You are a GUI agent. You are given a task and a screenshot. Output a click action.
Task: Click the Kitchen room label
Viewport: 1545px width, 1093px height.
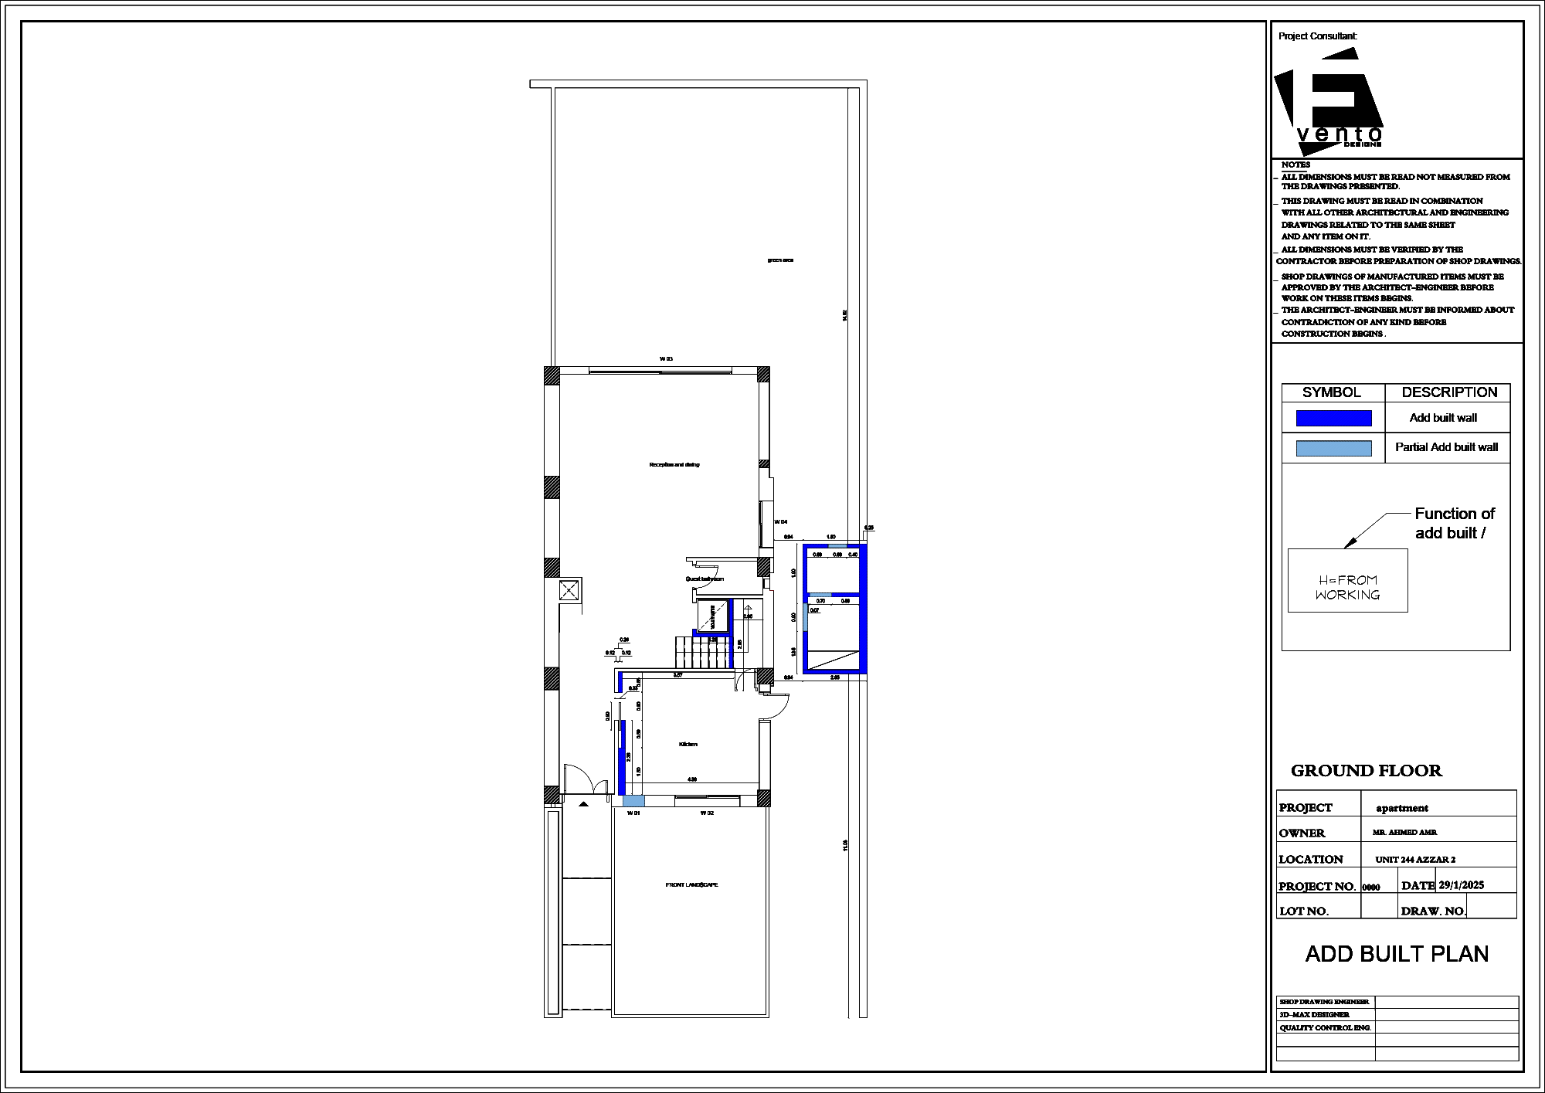[x=688, y=744]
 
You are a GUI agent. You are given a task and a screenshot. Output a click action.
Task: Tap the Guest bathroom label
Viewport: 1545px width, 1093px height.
[x=705, y=579]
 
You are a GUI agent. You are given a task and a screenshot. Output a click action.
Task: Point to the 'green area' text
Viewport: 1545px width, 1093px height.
[x=780, y=260]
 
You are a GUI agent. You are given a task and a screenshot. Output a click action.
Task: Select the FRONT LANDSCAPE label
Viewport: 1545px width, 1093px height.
[x=691, y=884]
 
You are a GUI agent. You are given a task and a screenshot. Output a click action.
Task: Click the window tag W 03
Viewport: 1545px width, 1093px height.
[x=666, y=359]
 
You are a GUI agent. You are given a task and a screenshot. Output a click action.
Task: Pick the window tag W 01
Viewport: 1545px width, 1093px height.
[x=633, y=813]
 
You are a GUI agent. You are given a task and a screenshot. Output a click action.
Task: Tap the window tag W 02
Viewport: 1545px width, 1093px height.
[x=707, y=813]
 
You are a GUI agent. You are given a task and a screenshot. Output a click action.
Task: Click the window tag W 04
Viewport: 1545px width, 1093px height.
[x=781, y=522]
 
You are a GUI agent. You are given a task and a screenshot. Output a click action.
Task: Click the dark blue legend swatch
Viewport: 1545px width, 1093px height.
[x=1333, y=418]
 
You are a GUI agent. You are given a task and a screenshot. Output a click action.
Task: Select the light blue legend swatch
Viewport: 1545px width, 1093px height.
[x=1333, y=448]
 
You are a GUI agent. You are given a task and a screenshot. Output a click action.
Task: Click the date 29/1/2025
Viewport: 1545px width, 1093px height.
[x=1461, y=885]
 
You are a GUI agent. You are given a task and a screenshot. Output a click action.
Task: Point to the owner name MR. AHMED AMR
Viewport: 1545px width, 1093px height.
[x=1404, y=833]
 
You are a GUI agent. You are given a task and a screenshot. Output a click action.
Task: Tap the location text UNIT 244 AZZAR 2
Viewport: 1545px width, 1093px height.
[x=1415, y=860]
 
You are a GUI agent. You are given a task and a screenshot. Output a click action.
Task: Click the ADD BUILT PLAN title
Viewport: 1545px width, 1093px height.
[x=1397, y=954]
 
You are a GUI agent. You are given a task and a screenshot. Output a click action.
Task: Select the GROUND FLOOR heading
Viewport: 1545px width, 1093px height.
[x=1367, y=771]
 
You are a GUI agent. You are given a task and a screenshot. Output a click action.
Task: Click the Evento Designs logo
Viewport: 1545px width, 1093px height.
[x=1329, y=99]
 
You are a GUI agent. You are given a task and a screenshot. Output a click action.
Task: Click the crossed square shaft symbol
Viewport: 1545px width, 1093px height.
[x=569, y=591]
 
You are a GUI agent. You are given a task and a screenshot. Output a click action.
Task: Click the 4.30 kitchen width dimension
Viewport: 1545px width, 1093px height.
[x=692, y=779]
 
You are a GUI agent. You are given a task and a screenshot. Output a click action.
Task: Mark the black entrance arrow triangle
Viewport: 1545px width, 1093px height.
[x=584, y=804]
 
